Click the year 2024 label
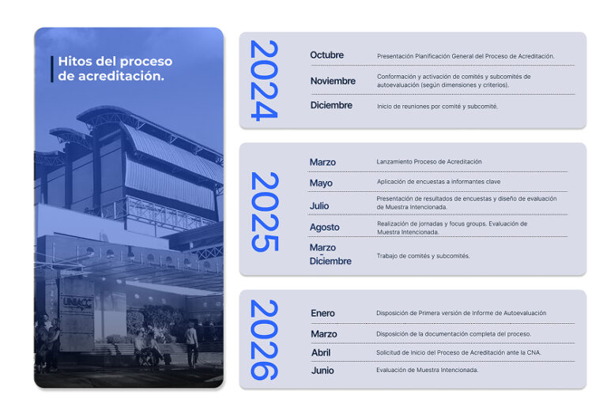[264, 81]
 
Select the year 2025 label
[265, 212]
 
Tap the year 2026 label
[265, 340]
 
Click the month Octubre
[326, 55]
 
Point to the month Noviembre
[333, 81]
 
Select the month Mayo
[321, 183]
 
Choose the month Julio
[319, 205]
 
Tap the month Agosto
[324, 228]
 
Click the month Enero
[322, 313]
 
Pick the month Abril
[321, 353]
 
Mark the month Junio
[322, 371]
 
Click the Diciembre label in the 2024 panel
[331, 105]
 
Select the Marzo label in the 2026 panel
[324, 334]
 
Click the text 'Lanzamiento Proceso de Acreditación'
[429, 162]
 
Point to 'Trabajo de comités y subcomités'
[423, 256]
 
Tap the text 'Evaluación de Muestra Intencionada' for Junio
[428, 371]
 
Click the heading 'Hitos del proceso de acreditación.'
[115, 69]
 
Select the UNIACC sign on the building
[77, 303]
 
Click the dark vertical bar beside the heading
[52, 69]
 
